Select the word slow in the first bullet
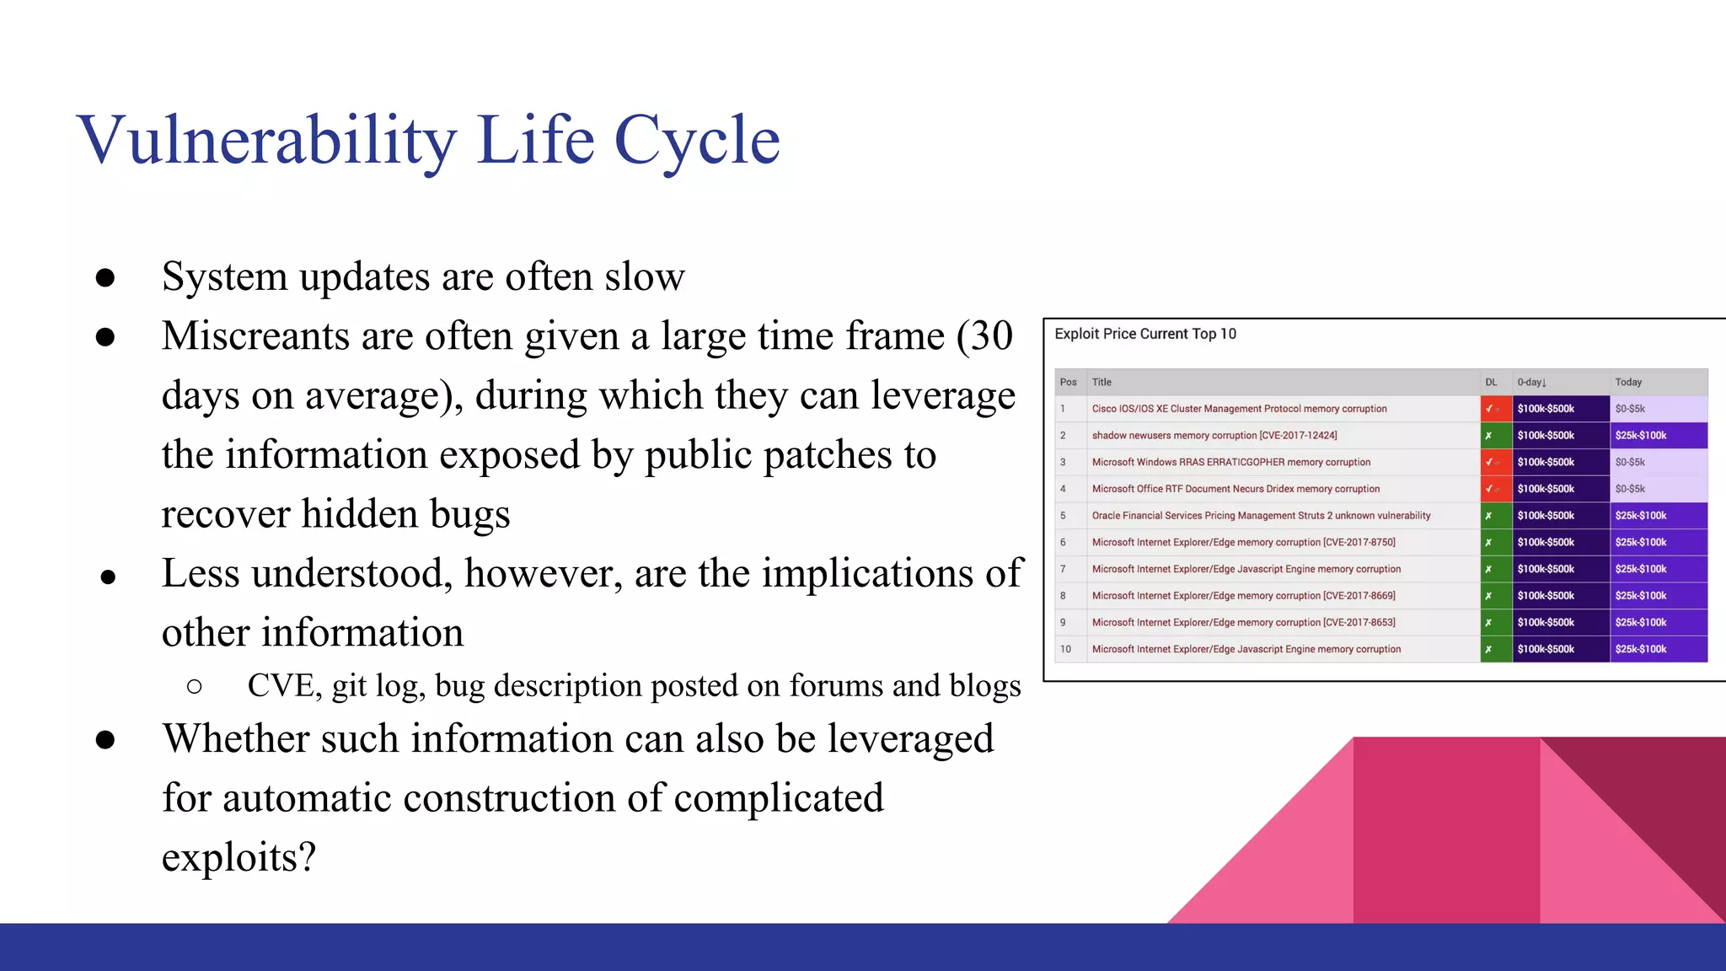(644, 276)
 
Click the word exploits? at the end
(239, 857)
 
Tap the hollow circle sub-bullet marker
(195, 687)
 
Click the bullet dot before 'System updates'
(105, 278)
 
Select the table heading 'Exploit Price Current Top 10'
(1144, 334)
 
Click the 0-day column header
(1530, 383)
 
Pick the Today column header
(1627, 383)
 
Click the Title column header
(1102, 383)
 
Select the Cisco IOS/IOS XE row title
(1238, 409)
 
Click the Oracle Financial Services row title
(1260, 516)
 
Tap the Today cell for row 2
(1657, 436)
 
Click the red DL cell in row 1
(1495, 409)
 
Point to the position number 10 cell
(1066, 649)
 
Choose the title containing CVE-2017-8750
(1243, 543)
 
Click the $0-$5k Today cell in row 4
(1657, 489)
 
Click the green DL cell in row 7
(1495, 569)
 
